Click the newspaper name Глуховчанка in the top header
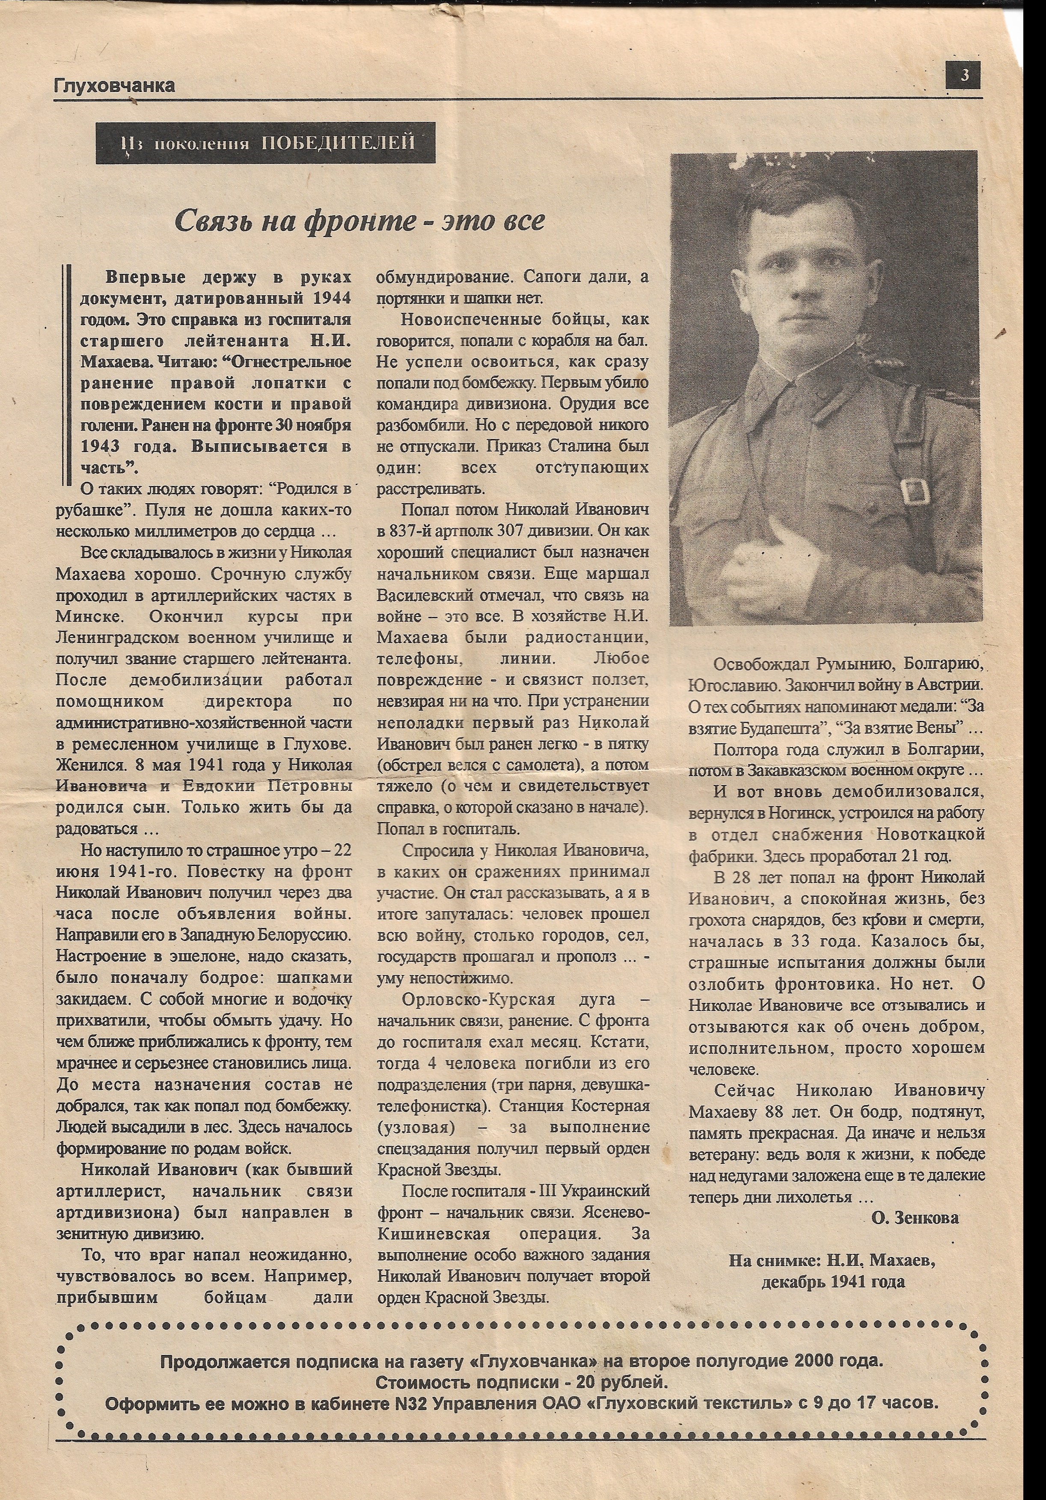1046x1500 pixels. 115,86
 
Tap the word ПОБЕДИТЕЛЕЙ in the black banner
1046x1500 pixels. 339,142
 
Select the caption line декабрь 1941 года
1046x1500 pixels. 833,1282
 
